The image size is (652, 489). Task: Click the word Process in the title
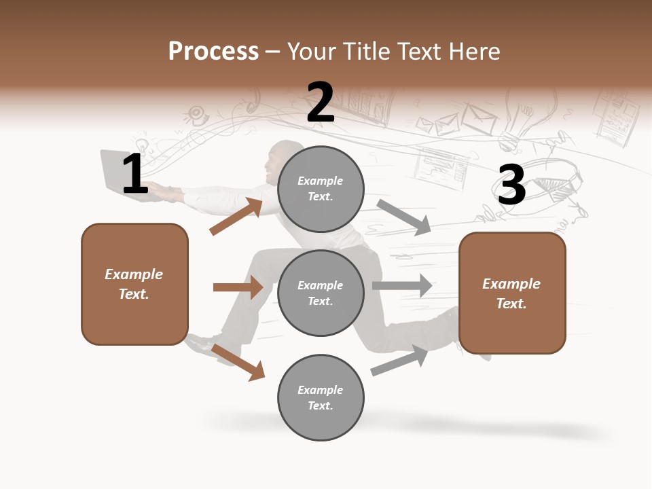213,52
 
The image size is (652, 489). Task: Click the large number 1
135,175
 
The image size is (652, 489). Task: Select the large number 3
511,185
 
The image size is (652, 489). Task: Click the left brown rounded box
134,284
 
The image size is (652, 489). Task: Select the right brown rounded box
512,293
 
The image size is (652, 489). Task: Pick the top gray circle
321,189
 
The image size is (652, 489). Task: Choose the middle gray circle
321,293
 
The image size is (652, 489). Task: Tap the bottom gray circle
321,397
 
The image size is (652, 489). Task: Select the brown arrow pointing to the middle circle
238,287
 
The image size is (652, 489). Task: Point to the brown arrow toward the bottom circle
238,362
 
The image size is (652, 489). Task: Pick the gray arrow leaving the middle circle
402,286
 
